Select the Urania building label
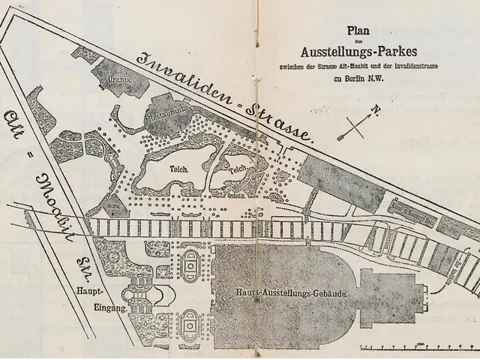(x=121, y=76)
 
